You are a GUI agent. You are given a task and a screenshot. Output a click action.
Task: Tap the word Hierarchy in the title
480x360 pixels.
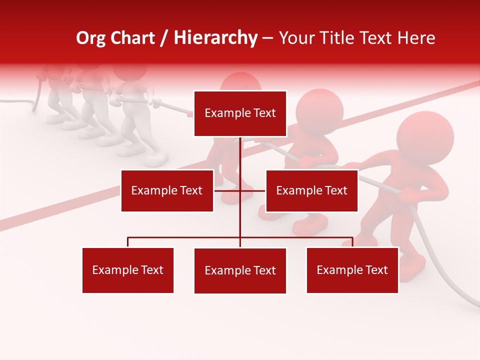(x=215, y=38)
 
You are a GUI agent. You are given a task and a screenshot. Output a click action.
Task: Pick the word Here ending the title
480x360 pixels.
(x=416, y=38)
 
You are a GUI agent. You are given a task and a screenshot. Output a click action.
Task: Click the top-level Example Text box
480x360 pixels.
(x=240, y=113)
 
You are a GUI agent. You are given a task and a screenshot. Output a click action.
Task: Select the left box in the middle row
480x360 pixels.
(x=167, y=190)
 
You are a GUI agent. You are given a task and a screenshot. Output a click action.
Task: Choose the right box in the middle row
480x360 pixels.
(x=311, y=190)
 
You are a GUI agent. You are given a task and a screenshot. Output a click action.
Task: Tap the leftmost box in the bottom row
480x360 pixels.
(x=128, y=270)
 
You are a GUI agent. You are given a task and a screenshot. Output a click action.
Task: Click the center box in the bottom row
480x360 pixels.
(x=240, y=270)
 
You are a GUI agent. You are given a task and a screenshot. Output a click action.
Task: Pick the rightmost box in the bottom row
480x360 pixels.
(x=352, y=270)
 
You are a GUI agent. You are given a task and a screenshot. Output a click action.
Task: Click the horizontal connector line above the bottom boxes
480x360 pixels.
(x=185, y=237)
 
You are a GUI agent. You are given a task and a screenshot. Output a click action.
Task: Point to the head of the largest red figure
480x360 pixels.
(x=425, y=137)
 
